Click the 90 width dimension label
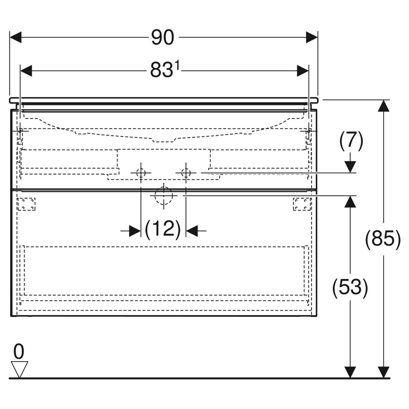pos(162,37)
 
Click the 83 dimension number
pos(162,70)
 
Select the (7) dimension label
pos(351,141)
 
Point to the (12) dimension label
pos(163,229)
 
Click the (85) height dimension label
pos(383,239)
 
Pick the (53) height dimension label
pos(350,288)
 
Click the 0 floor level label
pos(19,352)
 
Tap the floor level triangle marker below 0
pos(19,369)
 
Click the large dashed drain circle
pos(164,196)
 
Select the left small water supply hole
pos(141,173)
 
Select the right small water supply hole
pos(186,173)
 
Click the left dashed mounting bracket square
pos(26,204)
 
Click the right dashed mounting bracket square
pos(302,204)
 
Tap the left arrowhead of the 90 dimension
pos(16,37)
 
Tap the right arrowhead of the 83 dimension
pos(303,71)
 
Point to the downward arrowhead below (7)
pos(350,167)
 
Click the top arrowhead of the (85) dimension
pos(384,106)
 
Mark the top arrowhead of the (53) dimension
pos(350,202)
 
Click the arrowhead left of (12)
pos(135,231)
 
